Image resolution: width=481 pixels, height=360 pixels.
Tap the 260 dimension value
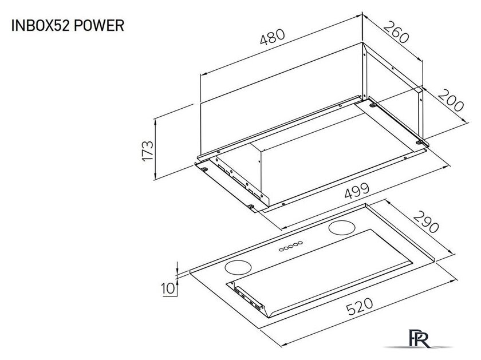click(396, 33)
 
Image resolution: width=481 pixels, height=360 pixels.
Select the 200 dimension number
click(451, 101)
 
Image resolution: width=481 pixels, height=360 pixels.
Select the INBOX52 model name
click(38, 26)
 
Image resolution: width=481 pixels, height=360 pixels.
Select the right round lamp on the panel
click(342, 227)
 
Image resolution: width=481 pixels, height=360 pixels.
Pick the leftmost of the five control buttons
click(281, 249)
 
